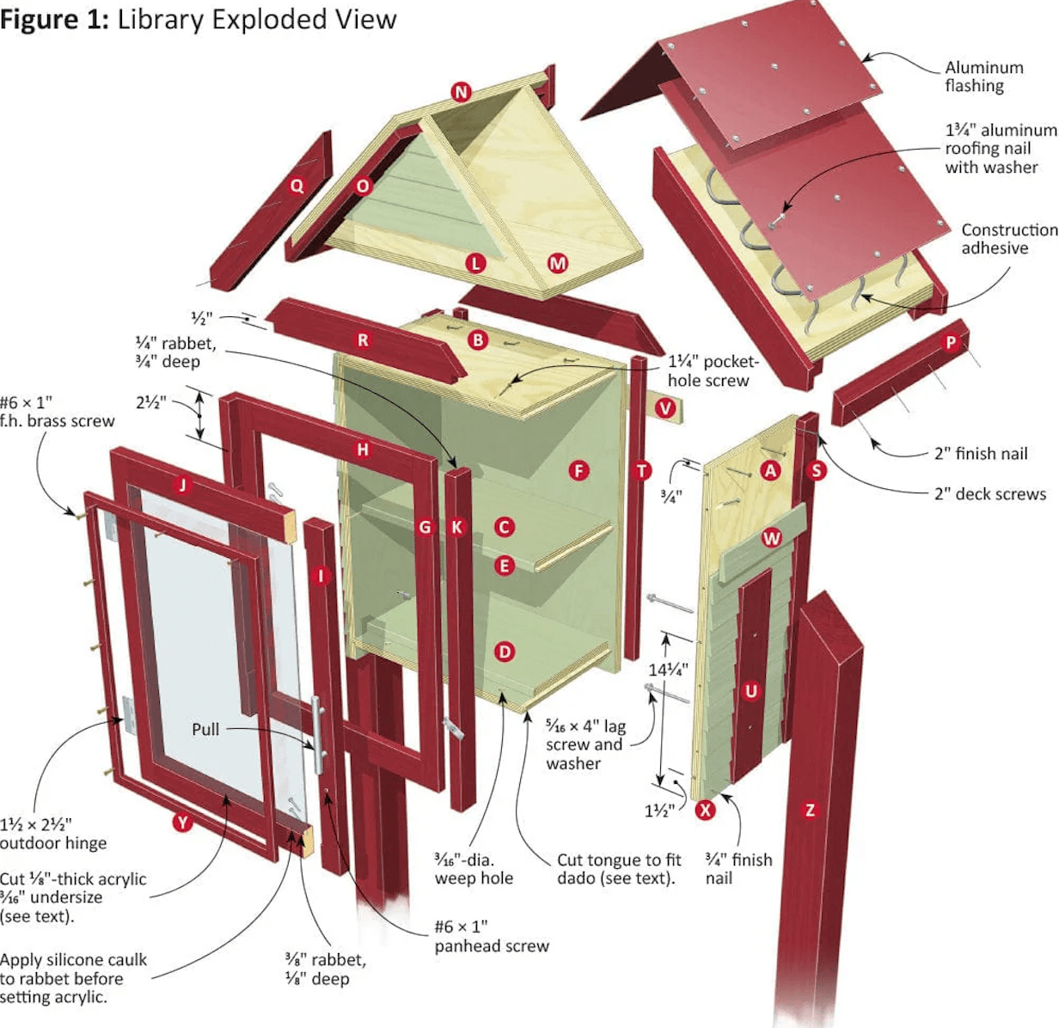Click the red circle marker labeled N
pyautogui.click(x=462, y=92)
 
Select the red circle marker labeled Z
pyautogui.click(x=810, y=809)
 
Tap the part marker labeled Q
pyautogui.click(x=297, y=186)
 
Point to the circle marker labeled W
pyautogui.click(x=772, y=539)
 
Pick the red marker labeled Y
pyautogui.click(x=181, y=823)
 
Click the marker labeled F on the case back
pyautogui.click(x=578, y=470)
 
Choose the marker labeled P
pyautogui.click(x=951, y=342)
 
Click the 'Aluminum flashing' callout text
pyautogui.click(x=983, y=76)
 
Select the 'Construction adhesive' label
pyautogui.click(x=1007, y=239)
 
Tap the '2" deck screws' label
pyautogui.click(x=989, y=494)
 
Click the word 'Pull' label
pyautogui.click(x=205, y=729)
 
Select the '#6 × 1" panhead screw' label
pyautogui.click(x=491, y=936)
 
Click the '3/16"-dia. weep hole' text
pyautogui.click(x=474, y=868)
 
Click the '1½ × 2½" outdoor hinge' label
pyautogui.click(x=53, y=833)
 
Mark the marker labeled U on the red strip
pyautogui.click(x=751, y=691)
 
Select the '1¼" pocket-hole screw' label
pyautogui.click(x=713, y=371)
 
